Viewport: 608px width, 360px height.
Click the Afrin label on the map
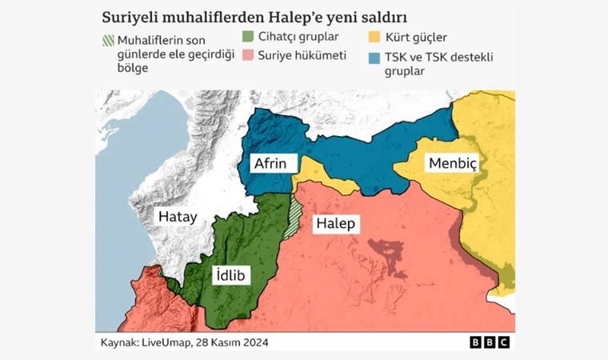270,163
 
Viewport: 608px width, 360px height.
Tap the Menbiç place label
452,163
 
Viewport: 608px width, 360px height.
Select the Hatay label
177,216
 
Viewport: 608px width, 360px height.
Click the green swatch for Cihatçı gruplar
247,37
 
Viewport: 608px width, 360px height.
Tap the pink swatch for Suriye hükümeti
247,54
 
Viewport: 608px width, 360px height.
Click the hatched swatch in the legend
107,40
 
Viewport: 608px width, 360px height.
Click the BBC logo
490,342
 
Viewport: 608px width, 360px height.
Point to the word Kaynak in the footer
116,342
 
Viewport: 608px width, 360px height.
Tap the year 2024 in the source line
254,342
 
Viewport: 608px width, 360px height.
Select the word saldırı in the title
382,16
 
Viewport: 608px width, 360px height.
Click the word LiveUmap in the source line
169,342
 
